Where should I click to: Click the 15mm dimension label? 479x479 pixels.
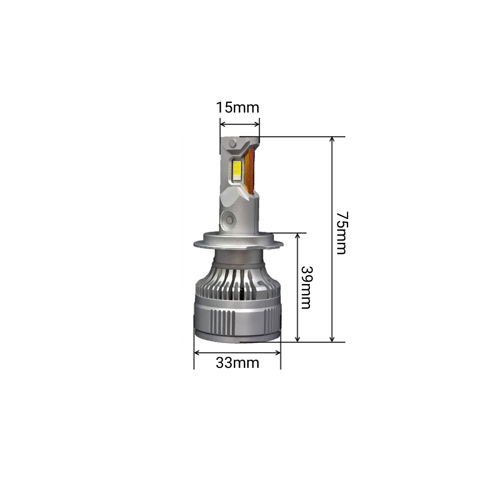pyautogui.click(x=238, y=107)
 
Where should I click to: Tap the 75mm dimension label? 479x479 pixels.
pyautogui.click(x=341, y=233)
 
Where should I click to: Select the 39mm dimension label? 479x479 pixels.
pyautogui.click(x=307, y=287)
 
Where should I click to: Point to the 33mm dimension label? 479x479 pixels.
pyautogui.click(x=238, y=363)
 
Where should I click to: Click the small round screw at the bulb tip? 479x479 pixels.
pyautogui.click(x=232, y=143)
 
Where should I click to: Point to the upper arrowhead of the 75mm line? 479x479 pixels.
pyautogui.click(x=332, y=139)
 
